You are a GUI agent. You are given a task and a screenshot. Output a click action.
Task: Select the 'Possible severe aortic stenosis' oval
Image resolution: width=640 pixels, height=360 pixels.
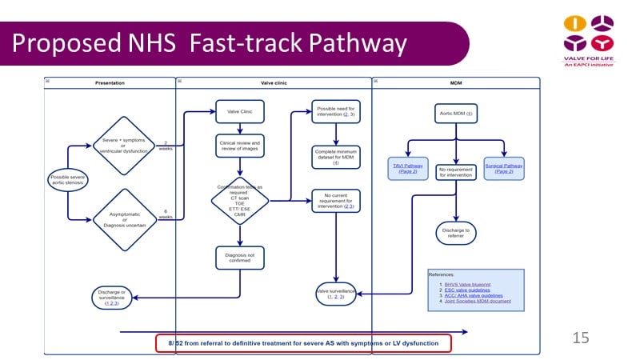68,181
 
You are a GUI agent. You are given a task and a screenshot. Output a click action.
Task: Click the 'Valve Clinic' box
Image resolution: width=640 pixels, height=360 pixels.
239,112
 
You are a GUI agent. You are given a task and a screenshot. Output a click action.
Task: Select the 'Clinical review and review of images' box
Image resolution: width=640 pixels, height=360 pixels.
239,146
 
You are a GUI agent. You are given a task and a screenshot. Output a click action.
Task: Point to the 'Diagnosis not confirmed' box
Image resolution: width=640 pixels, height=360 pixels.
239,257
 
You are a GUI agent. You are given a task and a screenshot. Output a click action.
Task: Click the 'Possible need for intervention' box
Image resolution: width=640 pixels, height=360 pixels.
336,112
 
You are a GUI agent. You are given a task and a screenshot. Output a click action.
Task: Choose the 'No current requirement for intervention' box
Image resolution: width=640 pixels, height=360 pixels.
336,200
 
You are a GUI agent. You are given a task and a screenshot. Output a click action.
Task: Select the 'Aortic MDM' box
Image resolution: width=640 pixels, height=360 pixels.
457,114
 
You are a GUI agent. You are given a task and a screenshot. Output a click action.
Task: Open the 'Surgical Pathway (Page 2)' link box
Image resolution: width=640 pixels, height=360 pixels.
504,169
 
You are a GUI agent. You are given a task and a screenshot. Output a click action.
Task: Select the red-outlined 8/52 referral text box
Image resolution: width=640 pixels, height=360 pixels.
303,343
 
